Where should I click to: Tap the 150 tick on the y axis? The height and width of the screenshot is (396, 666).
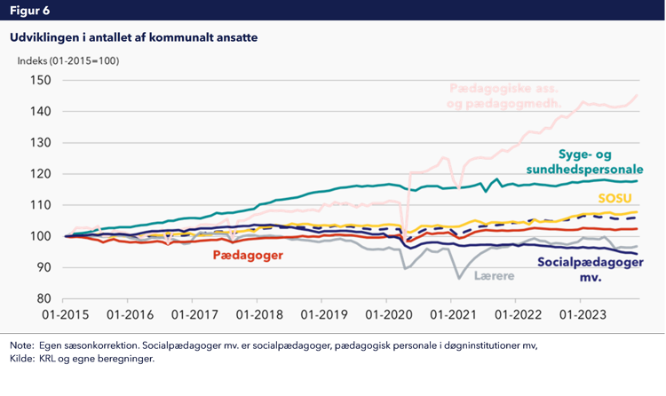pos(41,80)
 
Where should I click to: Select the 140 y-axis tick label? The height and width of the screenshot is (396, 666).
pos(41,111)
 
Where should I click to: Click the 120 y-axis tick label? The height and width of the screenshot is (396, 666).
pos(41,173)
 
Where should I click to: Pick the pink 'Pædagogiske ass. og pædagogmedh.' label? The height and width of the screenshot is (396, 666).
pos(507,96)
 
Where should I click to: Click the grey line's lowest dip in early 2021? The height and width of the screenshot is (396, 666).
pos(459,279)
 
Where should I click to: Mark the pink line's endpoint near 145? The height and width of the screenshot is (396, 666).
pos(637,95)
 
